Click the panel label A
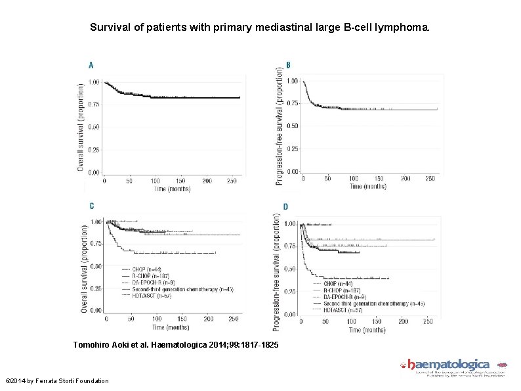tap(91, 65)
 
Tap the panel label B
tap(288, 65)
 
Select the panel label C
tap(91, 206)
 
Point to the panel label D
tap(285, 207)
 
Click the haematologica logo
tap(453, 367)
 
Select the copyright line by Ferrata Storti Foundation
tap(57, 381)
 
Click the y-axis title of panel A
tap(81, 127)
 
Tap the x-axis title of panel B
tap(367, 187)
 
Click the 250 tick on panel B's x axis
tap(430, 178)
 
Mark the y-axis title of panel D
tap(276, 272)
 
